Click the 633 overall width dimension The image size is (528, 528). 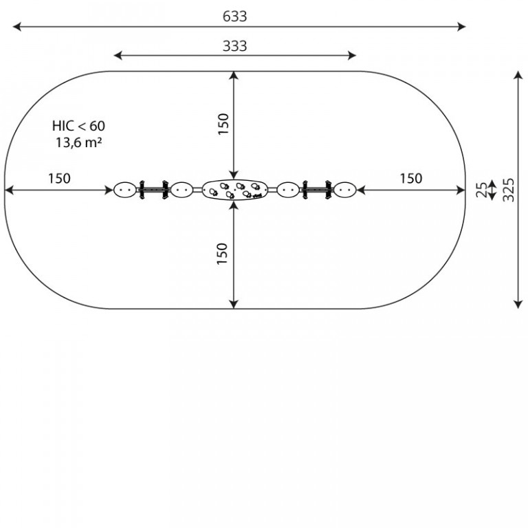(234, 16)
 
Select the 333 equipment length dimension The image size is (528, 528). (234, 46)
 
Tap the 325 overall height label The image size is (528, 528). (508, 190)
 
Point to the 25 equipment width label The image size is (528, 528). (481, 190)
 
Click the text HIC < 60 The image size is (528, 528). (78, 126)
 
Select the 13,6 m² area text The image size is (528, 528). (78, 143)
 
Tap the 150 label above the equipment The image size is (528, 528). (223, 124)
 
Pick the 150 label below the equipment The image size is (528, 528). (222, 254)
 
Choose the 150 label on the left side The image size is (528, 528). (59, 179)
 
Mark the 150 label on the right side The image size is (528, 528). (411, 179)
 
